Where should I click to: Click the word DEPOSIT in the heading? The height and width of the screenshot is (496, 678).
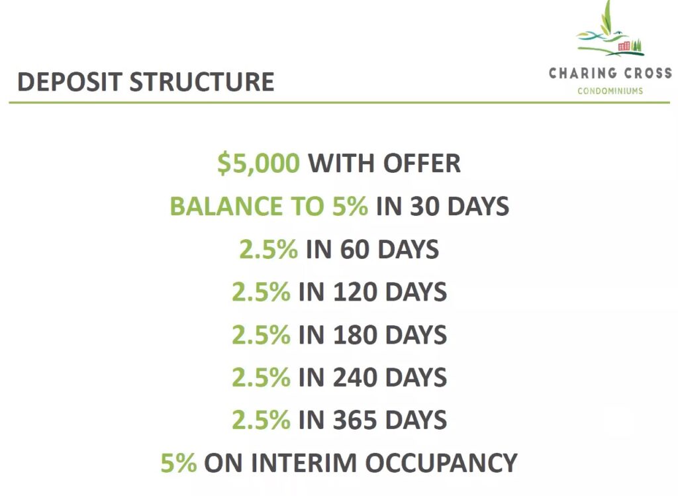point(70,81)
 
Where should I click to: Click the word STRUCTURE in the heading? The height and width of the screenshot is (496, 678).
point(202,81)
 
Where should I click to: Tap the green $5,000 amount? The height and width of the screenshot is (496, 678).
point(258,164)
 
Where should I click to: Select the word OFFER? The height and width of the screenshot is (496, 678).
point(422,163)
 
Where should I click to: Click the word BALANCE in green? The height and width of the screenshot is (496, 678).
point(226,206)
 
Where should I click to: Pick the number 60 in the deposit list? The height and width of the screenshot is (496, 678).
point(355,249)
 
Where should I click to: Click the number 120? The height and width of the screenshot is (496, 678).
point(355,291)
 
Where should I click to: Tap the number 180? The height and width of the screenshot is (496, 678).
point(355,334)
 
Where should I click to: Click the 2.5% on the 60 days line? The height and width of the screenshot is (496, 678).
point(269,249)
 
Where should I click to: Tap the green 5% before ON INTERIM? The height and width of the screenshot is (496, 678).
point(179,463)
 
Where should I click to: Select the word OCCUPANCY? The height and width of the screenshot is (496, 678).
point(442,463)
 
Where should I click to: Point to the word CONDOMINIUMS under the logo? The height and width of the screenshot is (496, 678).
point(610,91)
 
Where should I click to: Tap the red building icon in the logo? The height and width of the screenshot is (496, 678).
point(624,46)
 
